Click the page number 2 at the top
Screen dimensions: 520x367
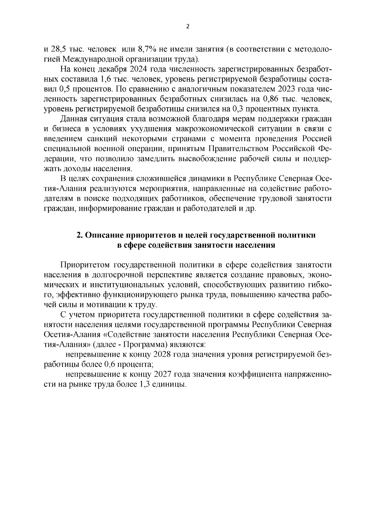point(188,27)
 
